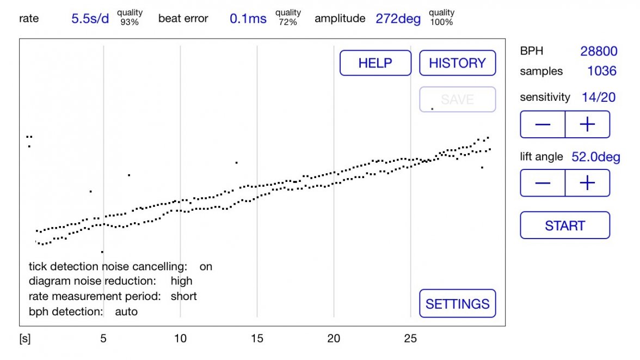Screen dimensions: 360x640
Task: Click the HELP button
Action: point(375,63)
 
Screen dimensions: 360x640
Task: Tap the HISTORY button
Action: point(457,63)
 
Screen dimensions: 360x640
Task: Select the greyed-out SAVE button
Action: point(457,100)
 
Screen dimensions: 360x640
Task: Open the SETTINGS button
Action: point(457,303)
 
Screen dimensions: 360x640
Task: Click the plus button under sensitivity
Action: point(587,125)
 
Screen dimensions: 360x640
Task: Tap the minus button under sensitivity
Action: point(543,125)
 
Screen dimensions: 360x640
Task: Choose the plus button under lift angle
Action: point(587,183)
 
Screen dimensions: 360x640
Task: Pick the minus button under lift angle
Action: point(543,183)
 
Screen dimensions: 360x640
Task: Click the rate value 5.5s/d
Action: point(90,19)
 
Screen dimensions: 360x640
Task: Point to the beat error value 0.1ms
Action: point(248,19)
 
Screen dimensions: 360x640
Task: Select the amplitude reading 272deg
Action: point(398,19)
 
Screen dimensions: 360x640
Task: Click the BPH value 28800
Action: point(599,51)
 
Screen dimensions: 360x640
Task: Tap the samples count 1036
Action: point(602,71)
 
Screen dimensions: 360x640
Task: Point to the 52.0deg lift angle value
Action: point(596,157)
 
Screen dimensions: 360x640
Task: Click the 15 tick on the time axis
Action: point(257,339)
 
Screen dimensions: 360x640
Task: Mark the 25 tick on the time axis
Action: point(410,339)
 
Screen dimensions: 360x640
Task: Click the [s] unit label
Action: point(25,339)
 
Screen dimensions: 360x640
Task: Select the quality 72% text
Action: point(288,17)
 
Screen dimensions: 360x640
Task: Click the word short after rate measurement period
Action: point(183,296)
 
